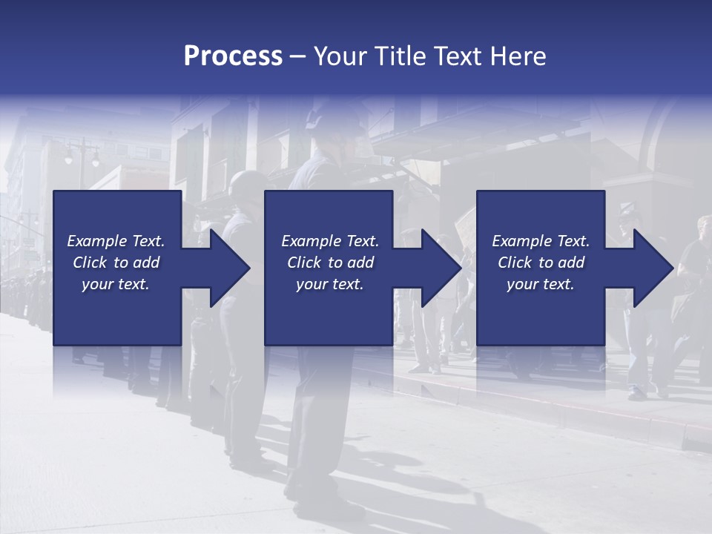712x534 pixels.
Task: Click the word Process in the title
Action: tap(233, 56)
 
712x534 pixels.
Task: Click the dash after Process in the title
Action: tap(298, 57)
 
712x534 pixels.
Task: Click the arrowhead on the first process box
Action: tap(222, 268)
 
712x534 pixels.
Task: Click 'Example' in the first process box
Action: tap(96, 241)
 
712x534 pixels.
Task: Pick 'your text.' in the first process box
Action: tap(116, 284)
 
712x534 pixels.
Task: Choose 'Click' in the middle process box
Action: tap(304, 263)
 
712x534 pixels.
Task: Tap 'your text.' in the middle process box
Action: tap(330, 284)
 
